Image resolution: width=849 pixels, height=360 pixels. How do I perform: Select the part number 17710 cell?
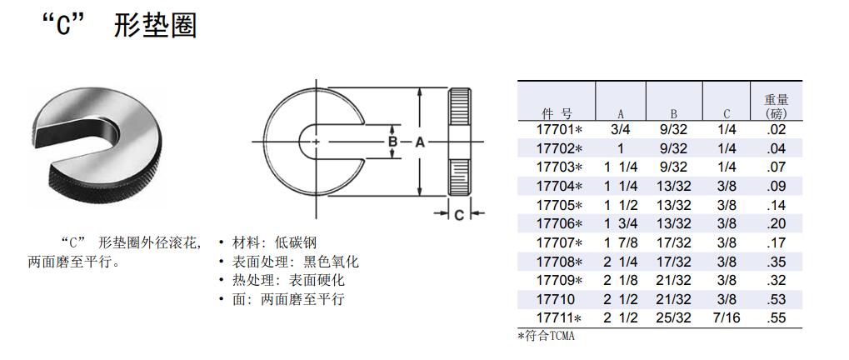[x=556, y=299]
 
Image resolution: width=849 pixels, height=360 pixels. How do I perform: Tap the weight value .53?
[x=776, y=299]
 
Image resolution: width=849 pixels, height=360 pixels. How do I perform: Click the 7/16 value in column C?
[x=727, y=318]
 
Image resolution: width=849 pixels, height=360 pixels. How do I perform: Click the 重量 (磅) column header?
[x=776, y=106]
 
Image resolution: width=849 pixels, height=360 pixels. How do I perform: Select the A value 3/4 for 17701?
[x=620, y=130]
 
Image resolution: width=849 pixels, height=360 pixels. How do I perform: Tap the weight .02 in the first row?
[x=776, y=130]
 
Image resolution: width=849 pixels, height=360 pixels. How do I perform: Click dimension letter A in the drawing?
[x=420, y=142]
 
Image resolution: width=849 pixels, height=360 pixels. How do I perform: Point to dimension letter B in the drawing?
[x=392, y=142]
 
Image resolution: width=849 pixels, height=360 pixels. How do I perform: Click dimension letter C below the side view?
[x=459, y=215]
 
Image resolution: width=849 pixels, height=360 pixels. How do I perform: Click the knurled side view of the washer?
[x=460, y=142]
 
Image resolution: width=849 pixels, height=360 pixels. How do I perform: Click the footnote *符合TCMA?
[x=547, y=336]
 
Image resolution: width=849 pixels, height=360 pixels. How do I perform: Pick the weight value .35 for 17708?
[x=776, y=262]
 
